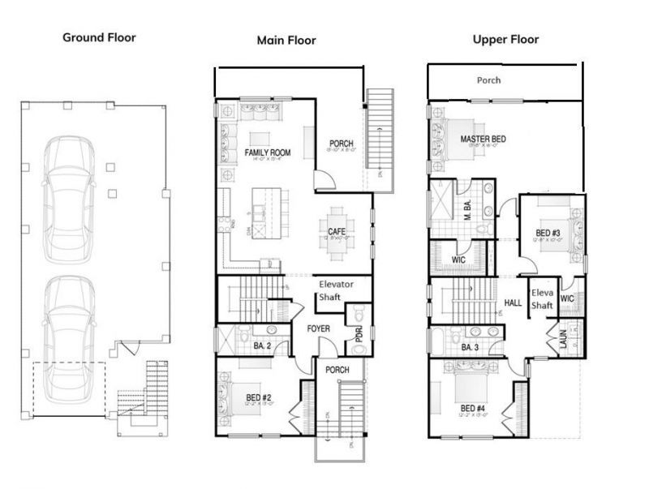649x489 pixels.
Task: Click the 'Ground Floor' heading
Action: [99, 37]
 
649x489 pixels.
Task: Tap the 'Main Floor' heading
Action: [286, 40]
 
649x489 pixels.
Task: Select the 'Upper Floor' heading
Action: [505, 39]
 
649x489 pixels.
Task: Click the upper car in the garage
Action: [70, 199]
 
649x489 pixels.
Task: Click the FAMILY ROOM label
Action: [268, 152]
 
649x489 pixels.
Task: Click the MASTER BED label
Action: [483, 139]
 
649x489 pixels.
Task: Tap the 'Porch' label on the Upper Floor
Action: [488, 80]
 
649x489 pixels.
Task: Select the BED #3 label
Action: [548, 234]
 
